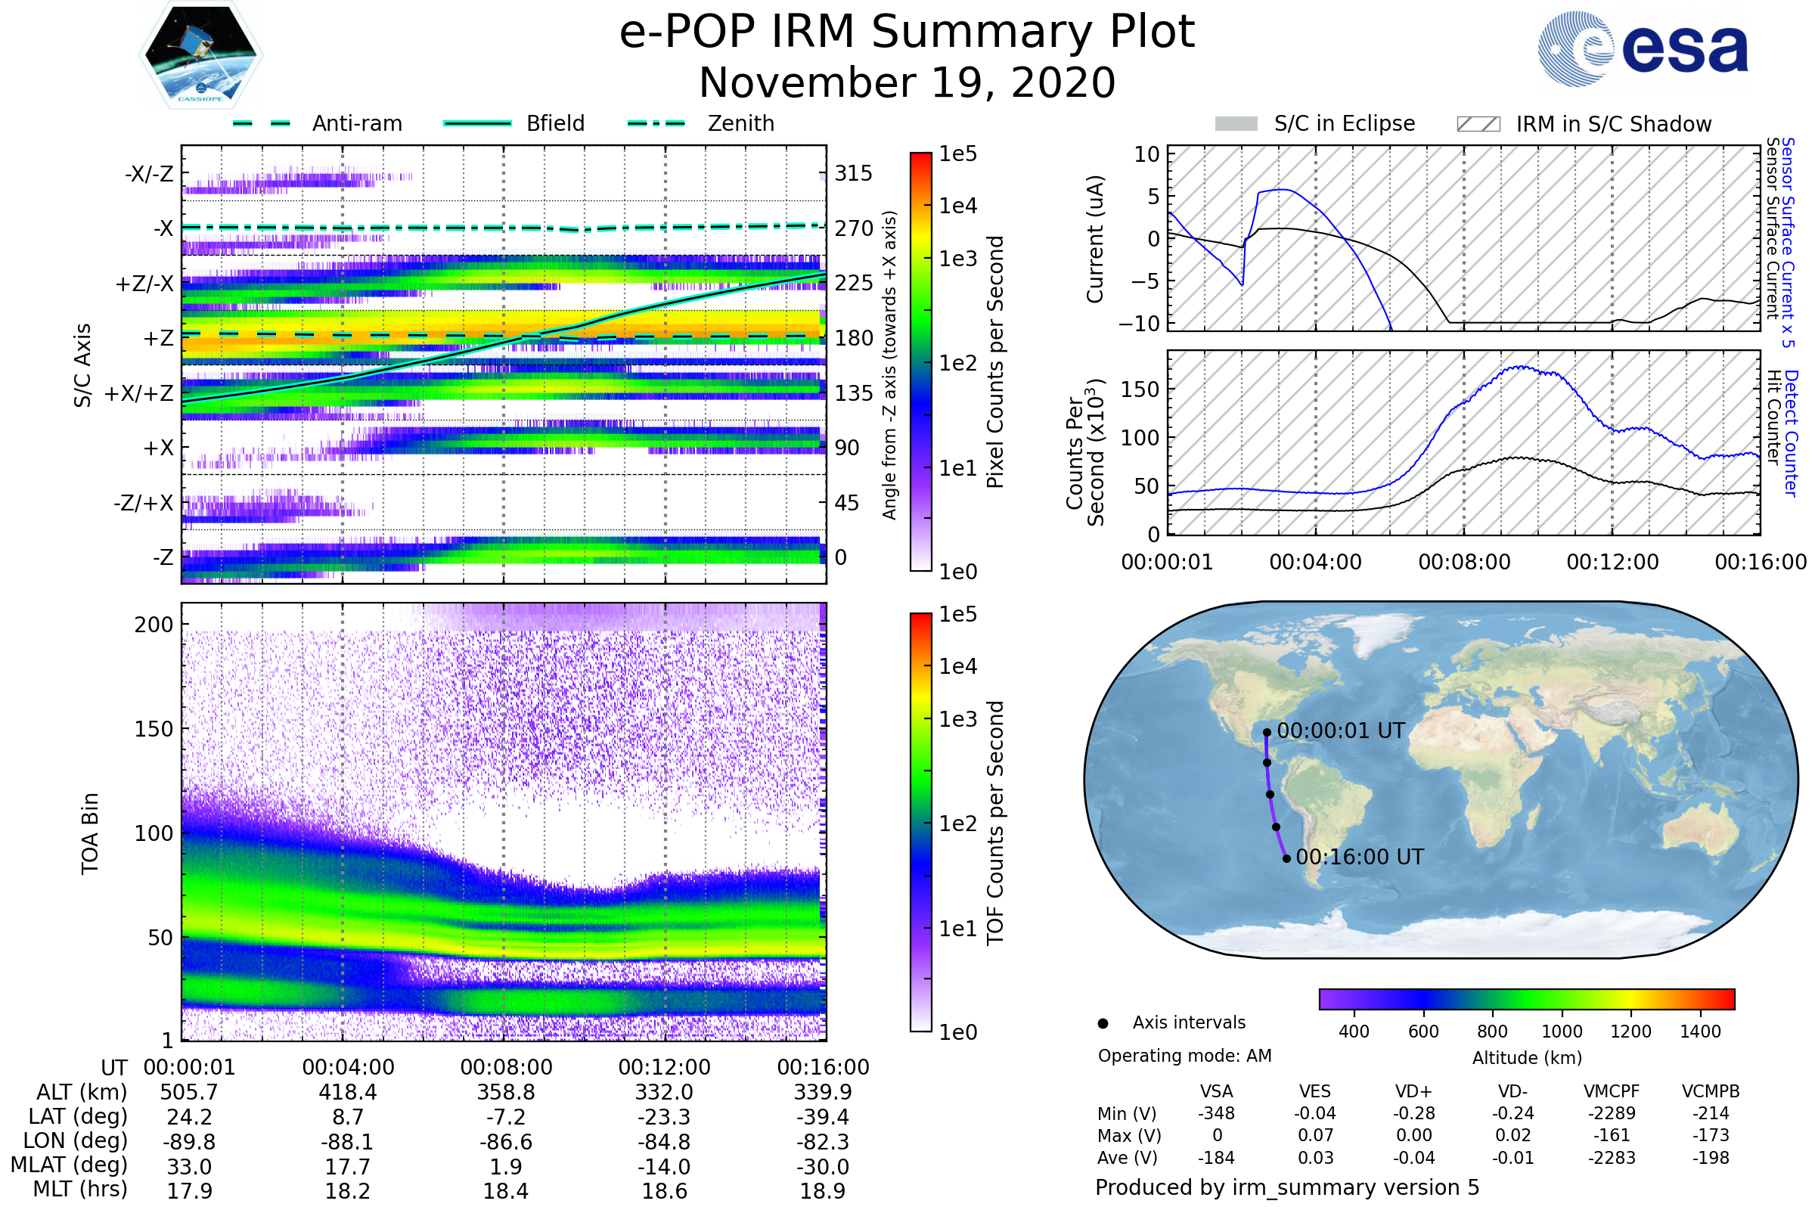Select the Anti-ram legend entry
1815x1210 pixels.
coord(356,123)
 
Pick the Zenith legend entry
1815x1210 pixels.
coord(740,123)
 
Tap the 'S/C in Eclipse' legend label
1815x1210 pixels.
coord(1345,123)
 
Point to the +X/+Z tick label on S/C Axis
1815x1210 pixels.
coord(139,393)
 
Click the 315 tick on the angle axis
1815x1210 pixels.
coord(853,173)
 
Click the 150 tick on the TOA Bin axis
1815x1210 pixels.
coord(154,729)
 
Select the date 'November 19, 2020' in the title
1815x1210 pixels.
coord(907,83)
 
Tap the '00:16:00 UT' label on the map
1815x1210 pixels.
coord(1360,858)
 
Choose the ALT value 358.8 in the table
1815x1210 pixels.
coord(506,1093)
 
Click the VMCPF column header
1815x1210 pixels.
coord(1612,1092)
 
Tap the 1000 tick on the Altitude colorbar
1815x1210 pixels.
coord(1562,1032)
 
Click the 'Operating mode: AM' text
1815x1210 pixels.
coord(1184,1056)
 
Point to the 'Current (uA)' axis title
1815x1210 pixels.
coord(1095,239)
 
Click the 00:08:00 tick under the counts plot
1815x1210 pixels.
coord(1464,562)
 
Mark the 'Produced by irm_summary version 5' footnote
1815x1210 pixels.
coord(1287,1187)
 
